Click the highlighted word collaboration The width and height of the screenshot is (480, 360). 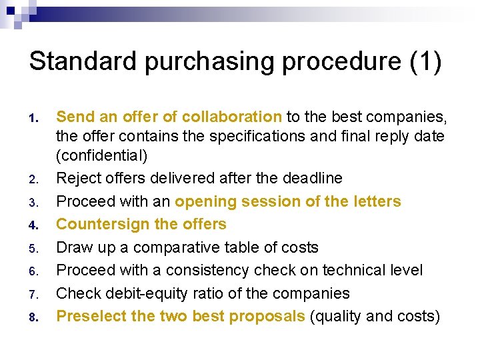point(231,117)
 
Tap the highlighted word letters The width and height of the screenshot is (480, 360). point(378,201)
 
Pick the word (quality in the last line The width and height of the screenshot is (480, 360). point(338,316)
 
